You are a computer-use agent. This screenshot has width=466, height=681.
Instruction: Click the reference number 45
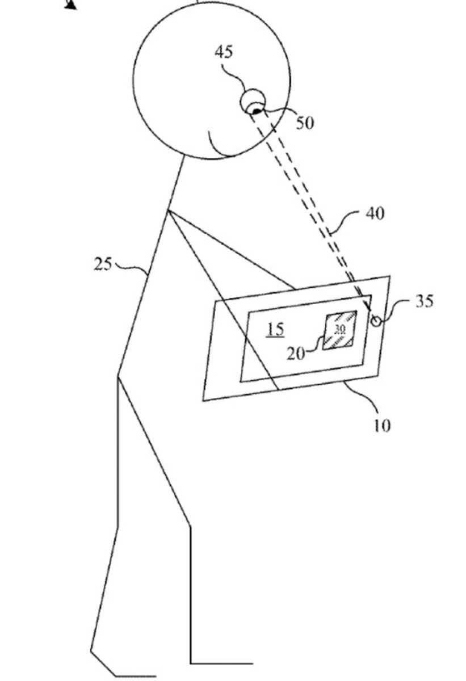224,52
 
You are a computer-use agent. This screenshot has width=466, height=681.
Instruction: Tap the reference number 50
305,123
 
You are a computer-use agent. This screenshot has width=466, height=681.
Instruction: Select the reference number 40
375,214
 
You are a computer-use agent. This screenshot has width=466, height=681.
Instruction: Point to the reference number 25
103,264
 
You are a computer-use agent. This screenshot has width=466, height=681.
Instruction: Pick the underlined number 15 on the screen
275,329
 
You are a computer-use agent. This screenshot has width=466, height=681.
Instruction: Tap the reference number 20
296,354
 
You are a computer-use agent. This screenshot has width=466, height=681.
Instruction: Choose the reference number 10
382,425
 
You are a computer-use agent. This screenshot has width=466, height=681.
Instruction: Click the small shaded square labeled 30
339,330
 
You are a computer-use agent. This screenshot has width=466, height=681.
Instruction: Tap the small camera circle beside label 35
376,321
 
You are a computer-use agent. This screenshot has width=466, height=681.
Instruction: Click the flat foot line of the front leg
221,662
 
